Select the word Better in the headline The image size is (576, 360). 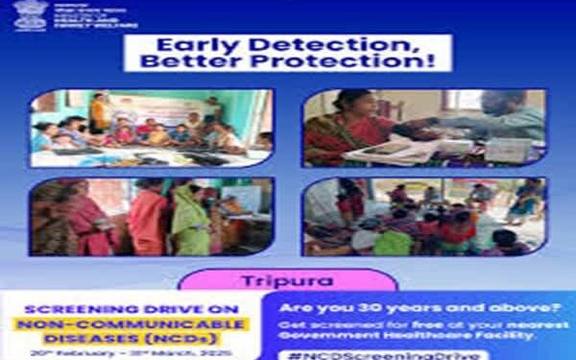pyautogui.click(x=189, y=60)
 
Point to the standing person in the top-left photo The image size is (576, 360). pyautogui.click(x=98, y=112)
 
